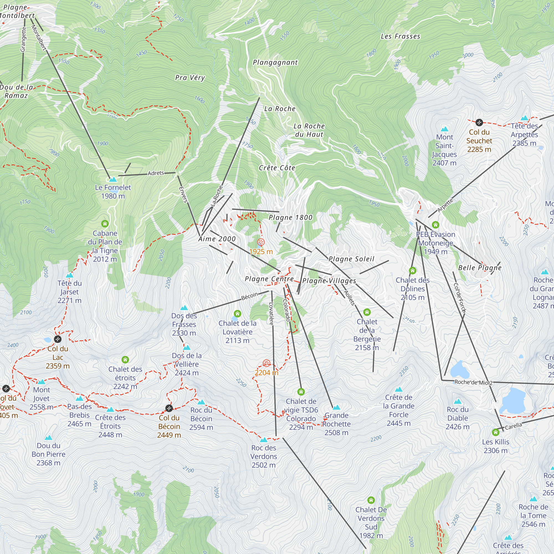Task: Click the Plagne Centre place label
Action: coord(269,279)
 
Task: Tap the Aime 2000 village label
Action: coord(217,239)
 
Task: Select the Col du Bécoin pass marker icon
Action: coord(169,408)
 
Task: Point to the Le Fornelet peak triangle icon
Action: coord(113,179)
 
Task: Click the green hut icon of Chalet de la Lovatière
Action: coord(237,313)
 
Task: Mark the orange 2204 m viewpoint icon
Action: coord(266,363)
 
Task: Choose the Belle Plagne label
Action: coord(480,268)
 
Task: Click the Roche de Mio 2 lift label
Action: coord(473,383)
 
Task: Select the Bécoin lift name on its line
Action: coord(250,296)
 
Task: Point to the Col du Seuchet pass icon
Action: coord(479,123)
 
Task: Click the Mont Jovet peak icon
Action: coord(42,382)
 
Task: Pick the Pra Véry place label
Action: coord(190,78)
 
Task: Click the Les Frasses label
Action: coord(400,36)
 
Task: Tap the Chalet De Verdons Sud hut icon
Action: coord(371,500)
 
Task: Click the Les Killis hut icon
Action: coord(496,432)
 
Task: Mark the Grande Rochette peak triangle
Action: coord(336,407)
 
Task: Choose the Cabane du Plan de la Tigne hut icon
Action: coord(105,224)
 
